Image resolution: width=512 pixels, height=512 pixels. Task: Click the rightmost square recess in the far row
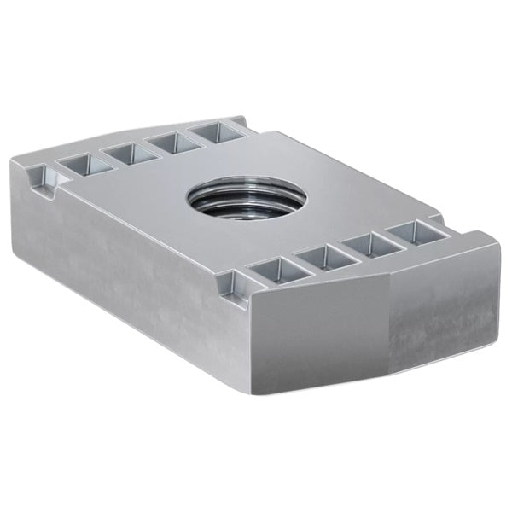[213, 131]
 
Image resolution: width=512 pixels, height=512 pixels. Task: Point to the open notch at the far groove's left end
[39, 178]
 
